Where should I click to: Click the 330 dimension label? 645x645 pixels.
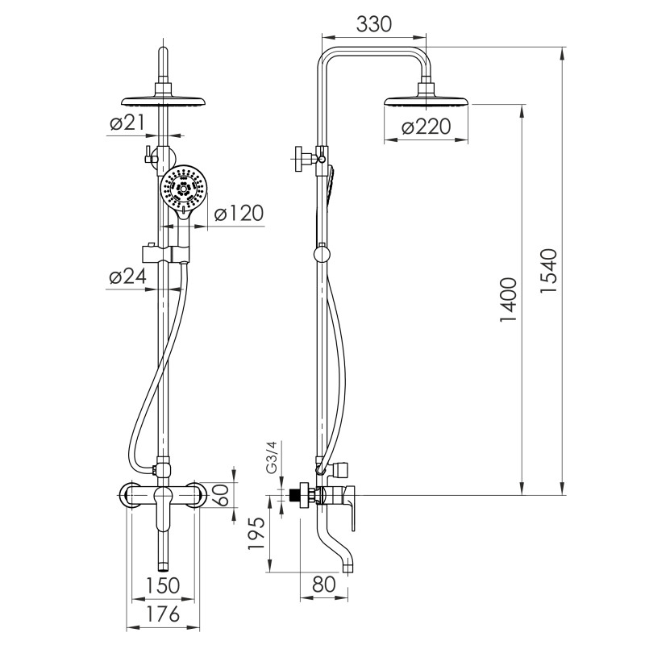point(373,24)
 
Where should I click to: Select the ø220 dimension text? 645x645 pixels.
point(427,127)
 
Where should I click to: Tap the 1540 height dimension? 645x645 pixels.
point(548,271)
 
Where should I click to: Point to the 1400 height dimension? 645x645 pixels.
point(508,299)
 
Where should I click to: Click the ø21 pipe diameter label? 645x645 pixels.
point(127,123)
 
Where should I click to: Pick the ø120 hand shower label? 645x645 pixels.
point(239,214)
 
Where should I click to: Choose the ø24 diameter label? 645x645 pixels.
point(128,277)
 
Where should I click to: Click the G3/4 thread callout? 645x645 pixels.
point(273,456)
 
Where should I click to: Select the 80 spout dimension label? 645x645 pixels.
point(324,584)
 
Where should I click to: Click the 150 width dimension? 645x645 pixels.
point(163,585)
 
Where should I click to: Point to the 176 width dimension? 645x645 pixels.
point(163,614)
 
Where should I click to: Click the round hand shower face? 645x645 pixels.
point(181,189)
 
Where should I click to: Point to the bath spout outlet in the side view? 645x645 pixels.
point(348,569)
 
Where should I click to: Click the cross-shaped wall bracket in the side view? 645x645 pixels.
point(306,157)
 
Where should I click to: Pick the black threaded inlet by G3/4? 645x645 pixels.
point(294,495)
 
